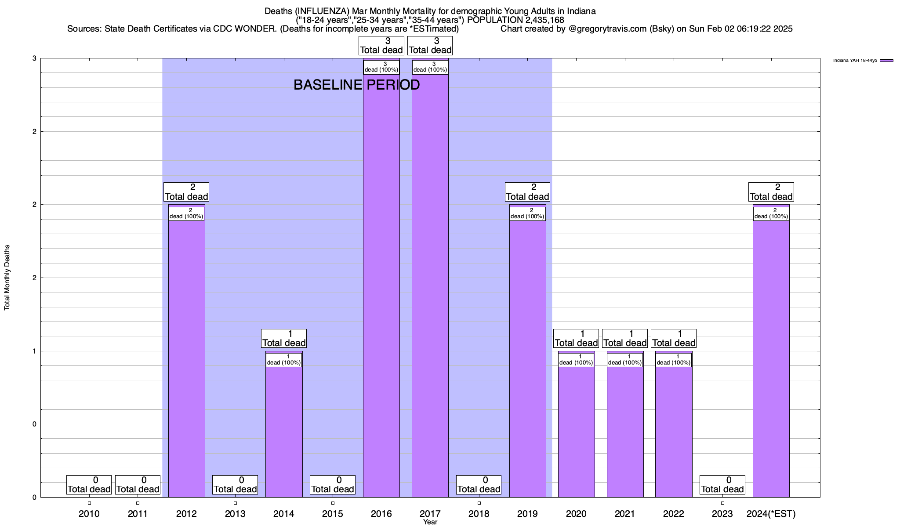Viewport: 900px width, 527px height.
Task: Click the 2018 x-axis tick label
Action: point(479,514)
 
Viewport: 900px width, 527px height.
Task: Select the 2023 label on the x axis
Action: point(722,514)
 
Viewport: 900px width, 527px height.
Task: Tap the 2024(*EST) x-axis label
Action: point(771,514)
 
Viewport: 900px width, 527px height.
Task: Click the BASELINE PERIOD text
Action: point(356,85)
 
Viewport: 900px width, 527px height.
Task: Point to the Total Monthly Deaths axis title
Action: point(7,278)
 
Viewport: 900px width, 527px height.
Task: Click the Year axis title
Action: point(430,522)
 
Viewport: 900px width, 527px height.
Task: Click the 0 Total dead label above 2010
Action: point(89,485)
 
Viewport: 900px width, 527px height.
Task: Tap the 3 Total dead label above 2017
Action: point(430,46)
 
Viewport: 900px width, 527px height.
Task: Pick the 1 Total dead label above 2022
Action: point(674,339)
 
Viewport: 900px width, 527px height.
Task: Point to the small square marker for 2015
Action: point(333,503)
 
